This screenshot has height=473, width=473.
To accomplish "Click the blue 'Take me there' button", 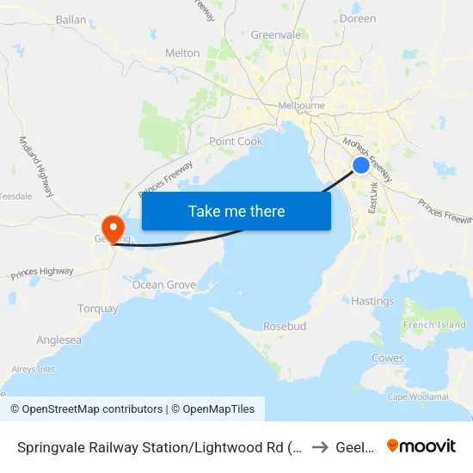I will point(236,211).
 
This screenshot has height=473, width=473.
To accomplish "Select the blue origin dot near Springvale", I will point(361,165).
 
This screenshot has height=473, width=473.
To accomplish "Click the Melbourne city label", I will point(301,106).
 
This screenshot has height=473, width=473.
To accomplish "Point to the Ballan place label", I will point(71,19).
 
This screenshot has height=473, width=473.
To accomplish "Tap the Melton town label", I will point(182,53).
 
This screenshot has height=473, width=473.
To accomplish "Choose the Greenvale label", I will point(276,35).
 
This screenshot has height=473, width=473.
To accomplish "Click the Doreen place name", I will point(359,18).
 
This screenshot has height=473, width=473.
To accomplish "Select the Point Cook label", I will point(236,141).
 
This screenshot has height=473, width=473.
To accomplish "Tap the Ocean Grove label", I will point(164,285).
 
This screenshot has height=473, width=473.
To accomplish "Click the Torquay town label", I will point(98,309).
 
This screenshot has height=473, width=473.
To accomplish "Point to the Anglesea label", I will point(59,340).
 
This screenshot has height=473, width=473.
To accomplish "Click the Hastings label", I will point(373,301).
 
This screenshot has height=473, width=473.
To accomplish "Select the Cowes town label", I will point(387,358).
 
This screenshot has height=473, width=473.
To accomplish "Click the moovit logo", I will point(421,445).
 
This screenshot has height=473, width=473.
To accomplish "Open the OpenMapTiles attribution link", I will point(212,409).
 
